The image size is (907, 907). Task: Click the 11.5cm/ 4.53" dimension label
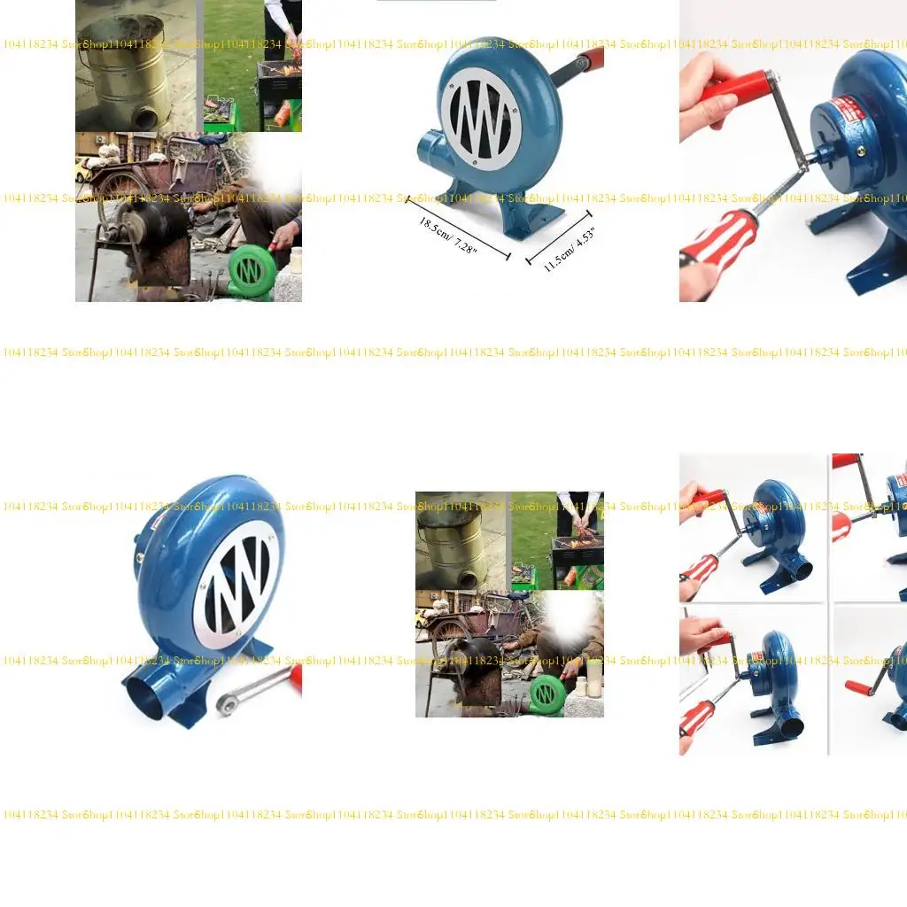point(569,249)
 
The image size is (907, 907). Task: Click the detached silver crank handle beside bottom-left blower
point(252,692)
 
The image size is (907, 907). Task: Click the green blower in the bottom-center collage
point(547,693)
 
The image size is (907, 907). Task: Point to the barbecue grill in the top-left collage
point(279,85)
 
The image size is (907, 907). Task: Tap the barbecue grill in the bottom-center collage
point(577,549)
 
